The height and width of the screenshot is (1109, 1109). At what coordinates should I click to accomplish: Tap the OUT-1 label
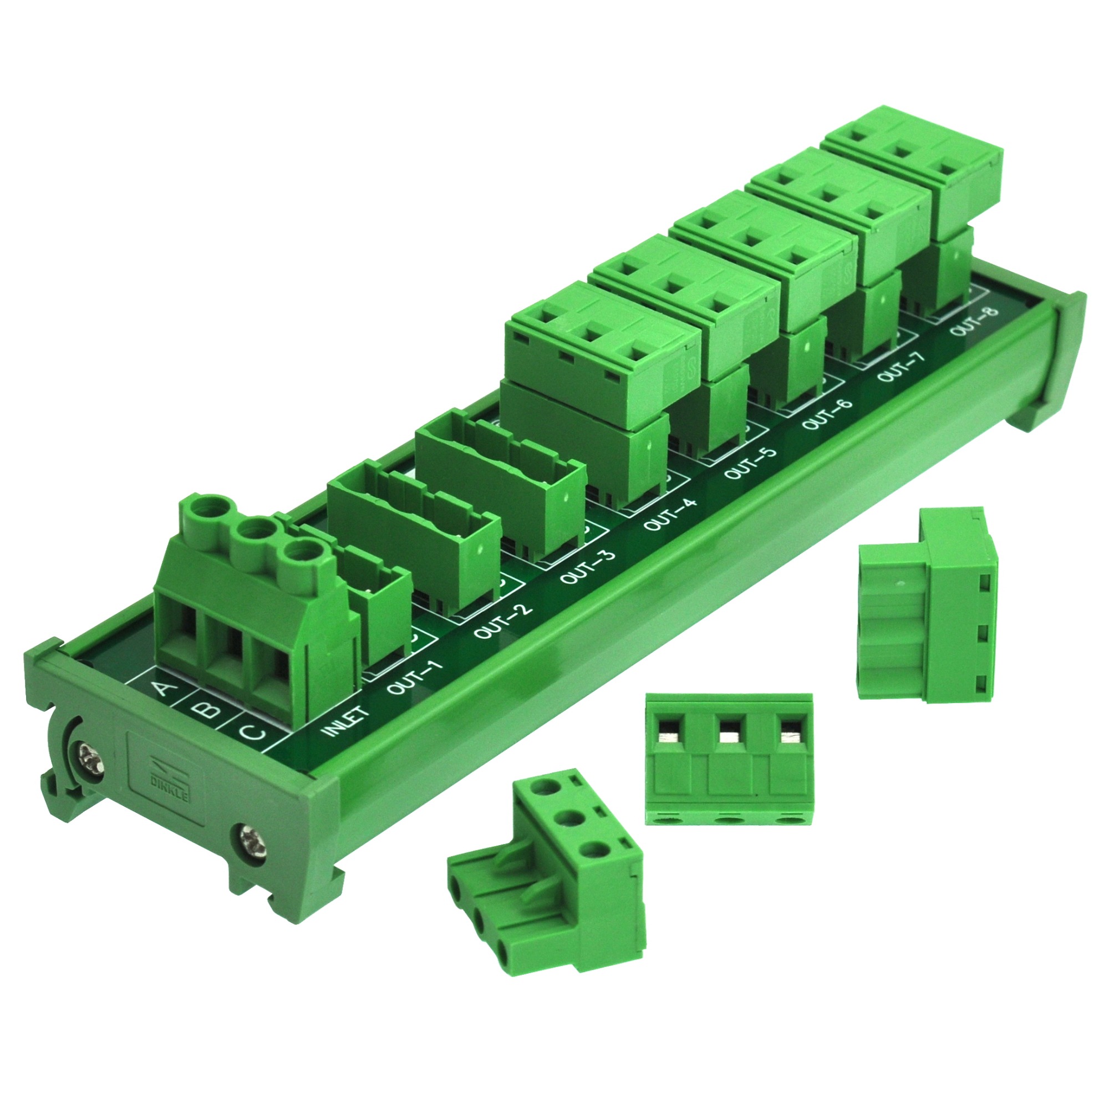[x=416, y=678]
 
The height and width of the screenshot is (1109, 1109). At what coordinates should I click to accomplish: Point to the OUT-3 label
[x=587, y=567]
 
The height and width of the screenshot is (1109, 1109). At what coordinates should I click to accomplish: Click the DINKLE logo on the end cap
[x=164, y=778]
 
